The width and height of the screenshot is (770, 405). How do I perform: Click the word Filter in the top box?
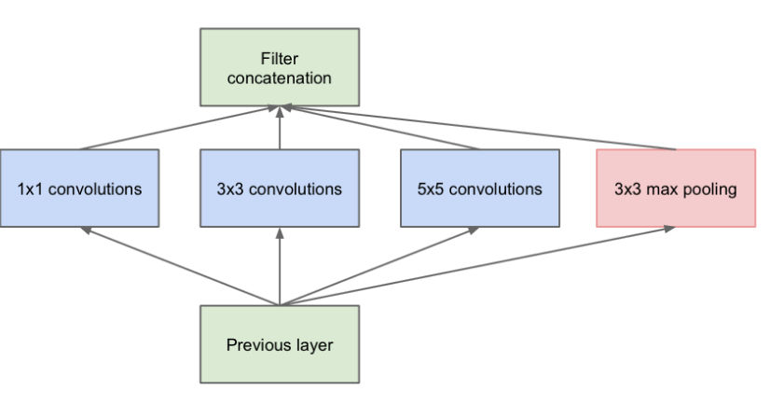pos(280,59)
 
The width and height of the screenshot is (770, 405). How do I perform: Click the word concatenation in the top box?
pos(280,78)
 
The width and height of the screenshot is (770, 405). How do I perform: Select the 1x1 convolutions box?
pos(79,189)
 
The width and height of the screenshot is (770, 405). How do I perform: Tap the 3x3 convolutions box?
pos(280,189)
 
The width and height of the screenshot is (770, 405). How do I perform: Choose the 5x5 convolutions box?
pos(480,189)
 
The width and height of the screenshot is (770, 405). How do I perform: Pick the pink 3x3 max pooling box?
pos(676,189)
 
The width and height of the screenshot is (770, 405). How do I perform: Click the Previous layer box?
pos(280,344)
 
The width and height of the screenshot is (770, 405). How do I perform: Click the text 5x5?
pos(430,189)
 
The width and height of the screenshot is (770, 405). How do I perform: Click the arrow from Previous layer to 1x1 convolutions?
pos(180,266)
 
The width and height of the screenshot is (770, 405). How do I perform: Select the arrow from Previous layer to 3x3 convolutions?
pos(280,266)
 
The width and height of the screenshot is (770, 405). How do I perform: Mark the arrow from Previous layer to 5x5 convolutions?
pos(379,266)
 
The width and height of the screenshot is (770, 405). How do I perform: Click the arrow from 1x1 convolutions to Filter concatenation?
pos(180,127)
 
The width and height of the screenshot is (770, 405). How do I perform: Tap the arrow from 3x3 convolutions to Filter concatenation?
pos(280,127)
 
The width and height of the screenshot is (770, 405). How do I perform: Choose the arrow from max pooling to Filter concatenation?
pos(479,127)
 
